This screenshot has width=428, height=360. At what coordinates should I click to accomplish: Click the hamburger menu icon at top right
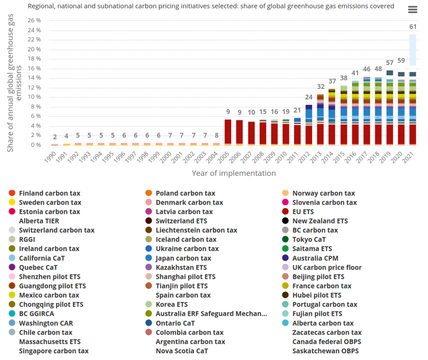(413, 10)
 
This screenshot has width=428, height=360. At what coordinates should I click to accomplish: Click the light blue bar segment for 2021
(413, 50)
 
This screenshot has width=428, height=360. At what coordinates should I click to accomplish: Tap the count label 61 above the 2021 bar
(413, 27)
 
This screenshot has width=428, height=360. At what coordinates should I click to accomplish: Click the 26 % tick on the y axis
(34, 20)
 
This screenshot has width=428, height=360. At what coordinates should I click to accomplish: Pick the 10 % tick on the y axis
(34, 97)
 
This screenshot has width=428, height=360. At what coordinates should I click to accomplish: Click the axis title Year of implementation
(234, 173)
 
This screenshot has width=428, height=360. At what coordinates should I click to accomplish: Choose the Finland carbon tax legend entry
(49, 193)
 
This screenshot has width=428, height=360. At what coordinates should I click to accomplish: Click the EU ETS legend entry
(309, 212)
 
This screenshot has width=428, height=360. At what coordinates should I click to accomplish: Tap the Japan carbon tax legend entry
(183, 258)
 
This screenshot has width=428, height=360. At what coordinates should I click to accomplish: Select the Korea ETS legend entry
(171, 304)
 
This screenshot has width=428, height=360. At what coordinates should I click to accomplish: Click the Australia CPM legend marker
(285, 258)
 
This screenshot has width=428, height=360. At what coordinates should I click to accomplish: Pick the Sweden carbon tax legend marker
(12, 203)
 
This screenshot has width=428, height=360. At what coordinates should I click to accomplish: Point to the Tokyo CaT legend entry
(309, 239)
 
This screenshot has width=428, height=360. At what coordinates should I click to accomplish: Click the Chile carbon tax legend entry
(46, 332)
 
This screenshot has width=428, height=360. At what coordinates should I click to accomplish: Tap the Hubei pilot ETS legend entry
(317, 295)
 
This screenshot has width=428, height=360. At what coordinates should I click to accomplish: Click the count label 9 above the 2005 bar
(228, 112)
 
